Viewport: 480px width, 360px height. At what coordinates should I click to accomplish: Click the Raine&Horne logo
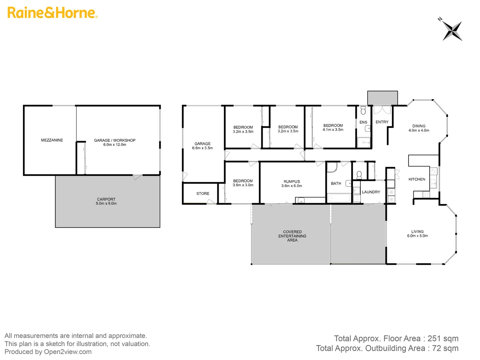pyautogui.click(x=52, y=13)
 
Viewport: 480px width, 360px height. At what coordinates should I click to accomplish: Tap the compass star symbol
pyautogui.click(x=452, y=31)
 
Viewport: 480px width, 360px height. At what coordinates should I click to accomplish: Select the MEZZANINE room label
pyautogui.click(x=52, y=140)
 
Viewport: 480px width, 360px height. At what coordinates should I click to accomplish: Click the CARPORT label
pyautogui.click(x=106, y=199)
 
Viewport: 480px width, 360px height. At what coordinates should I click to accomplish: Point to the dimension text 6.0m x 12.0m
pyautogui.click(x=115, y=145)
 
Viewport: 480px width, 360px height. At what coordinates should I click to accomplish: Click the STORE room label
pyautogui.click(x=203, y=193)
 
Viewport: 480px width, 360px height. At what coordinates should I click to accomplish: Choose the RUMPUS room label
pyautogui.click(x=292, y=182)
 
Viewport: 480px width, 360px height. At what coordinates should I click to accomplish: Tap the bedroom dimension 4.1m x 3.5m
pyautogui.click(x=333, y=130)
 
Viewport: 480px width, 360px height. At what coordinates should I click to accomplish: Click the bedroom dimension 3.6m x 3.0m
pyautogui.click(x=243, y=185)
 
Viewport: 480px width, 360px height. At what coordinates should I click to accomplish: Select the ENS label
pyautogui.click(x=363, y=122)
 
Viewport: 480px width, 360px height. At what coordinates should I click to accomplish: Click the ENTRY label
pyautogui.click(x=382, y=122)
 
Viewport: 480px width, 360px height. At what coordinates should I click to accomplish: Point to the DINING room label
pyautogui.click(x=419, y=126)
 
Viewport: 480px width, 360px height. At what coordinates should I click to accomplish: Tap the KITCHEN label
pyautogui.click(x=417, y=179)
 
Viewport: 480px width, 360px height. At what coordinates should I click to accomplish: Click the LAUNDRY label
pyautogui.click(x=371, y=192)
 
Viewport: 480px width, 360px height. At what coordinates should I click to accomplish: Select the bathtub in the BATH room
pyautogui.click(x=339, y=198)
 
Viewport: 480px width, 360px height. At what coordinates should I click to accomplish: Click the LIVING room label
pyautogui.click(x=417, y=231)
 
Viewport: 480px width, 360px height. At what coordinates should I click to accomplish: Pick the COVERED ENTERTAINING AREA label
pyautogui.click(x=292, y=236)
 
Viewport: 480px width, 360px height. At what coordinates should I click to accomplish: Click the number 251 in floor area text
pyautogui.click(x=434, y=339)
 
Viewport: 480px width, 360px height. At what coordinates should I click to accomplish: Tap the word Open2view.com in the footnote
pyautogui.click(x=68, y=352)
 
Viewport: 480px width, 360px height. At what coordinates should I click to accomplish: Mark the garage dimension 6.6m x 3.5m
pyautogui.click(x=202, y=148)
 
